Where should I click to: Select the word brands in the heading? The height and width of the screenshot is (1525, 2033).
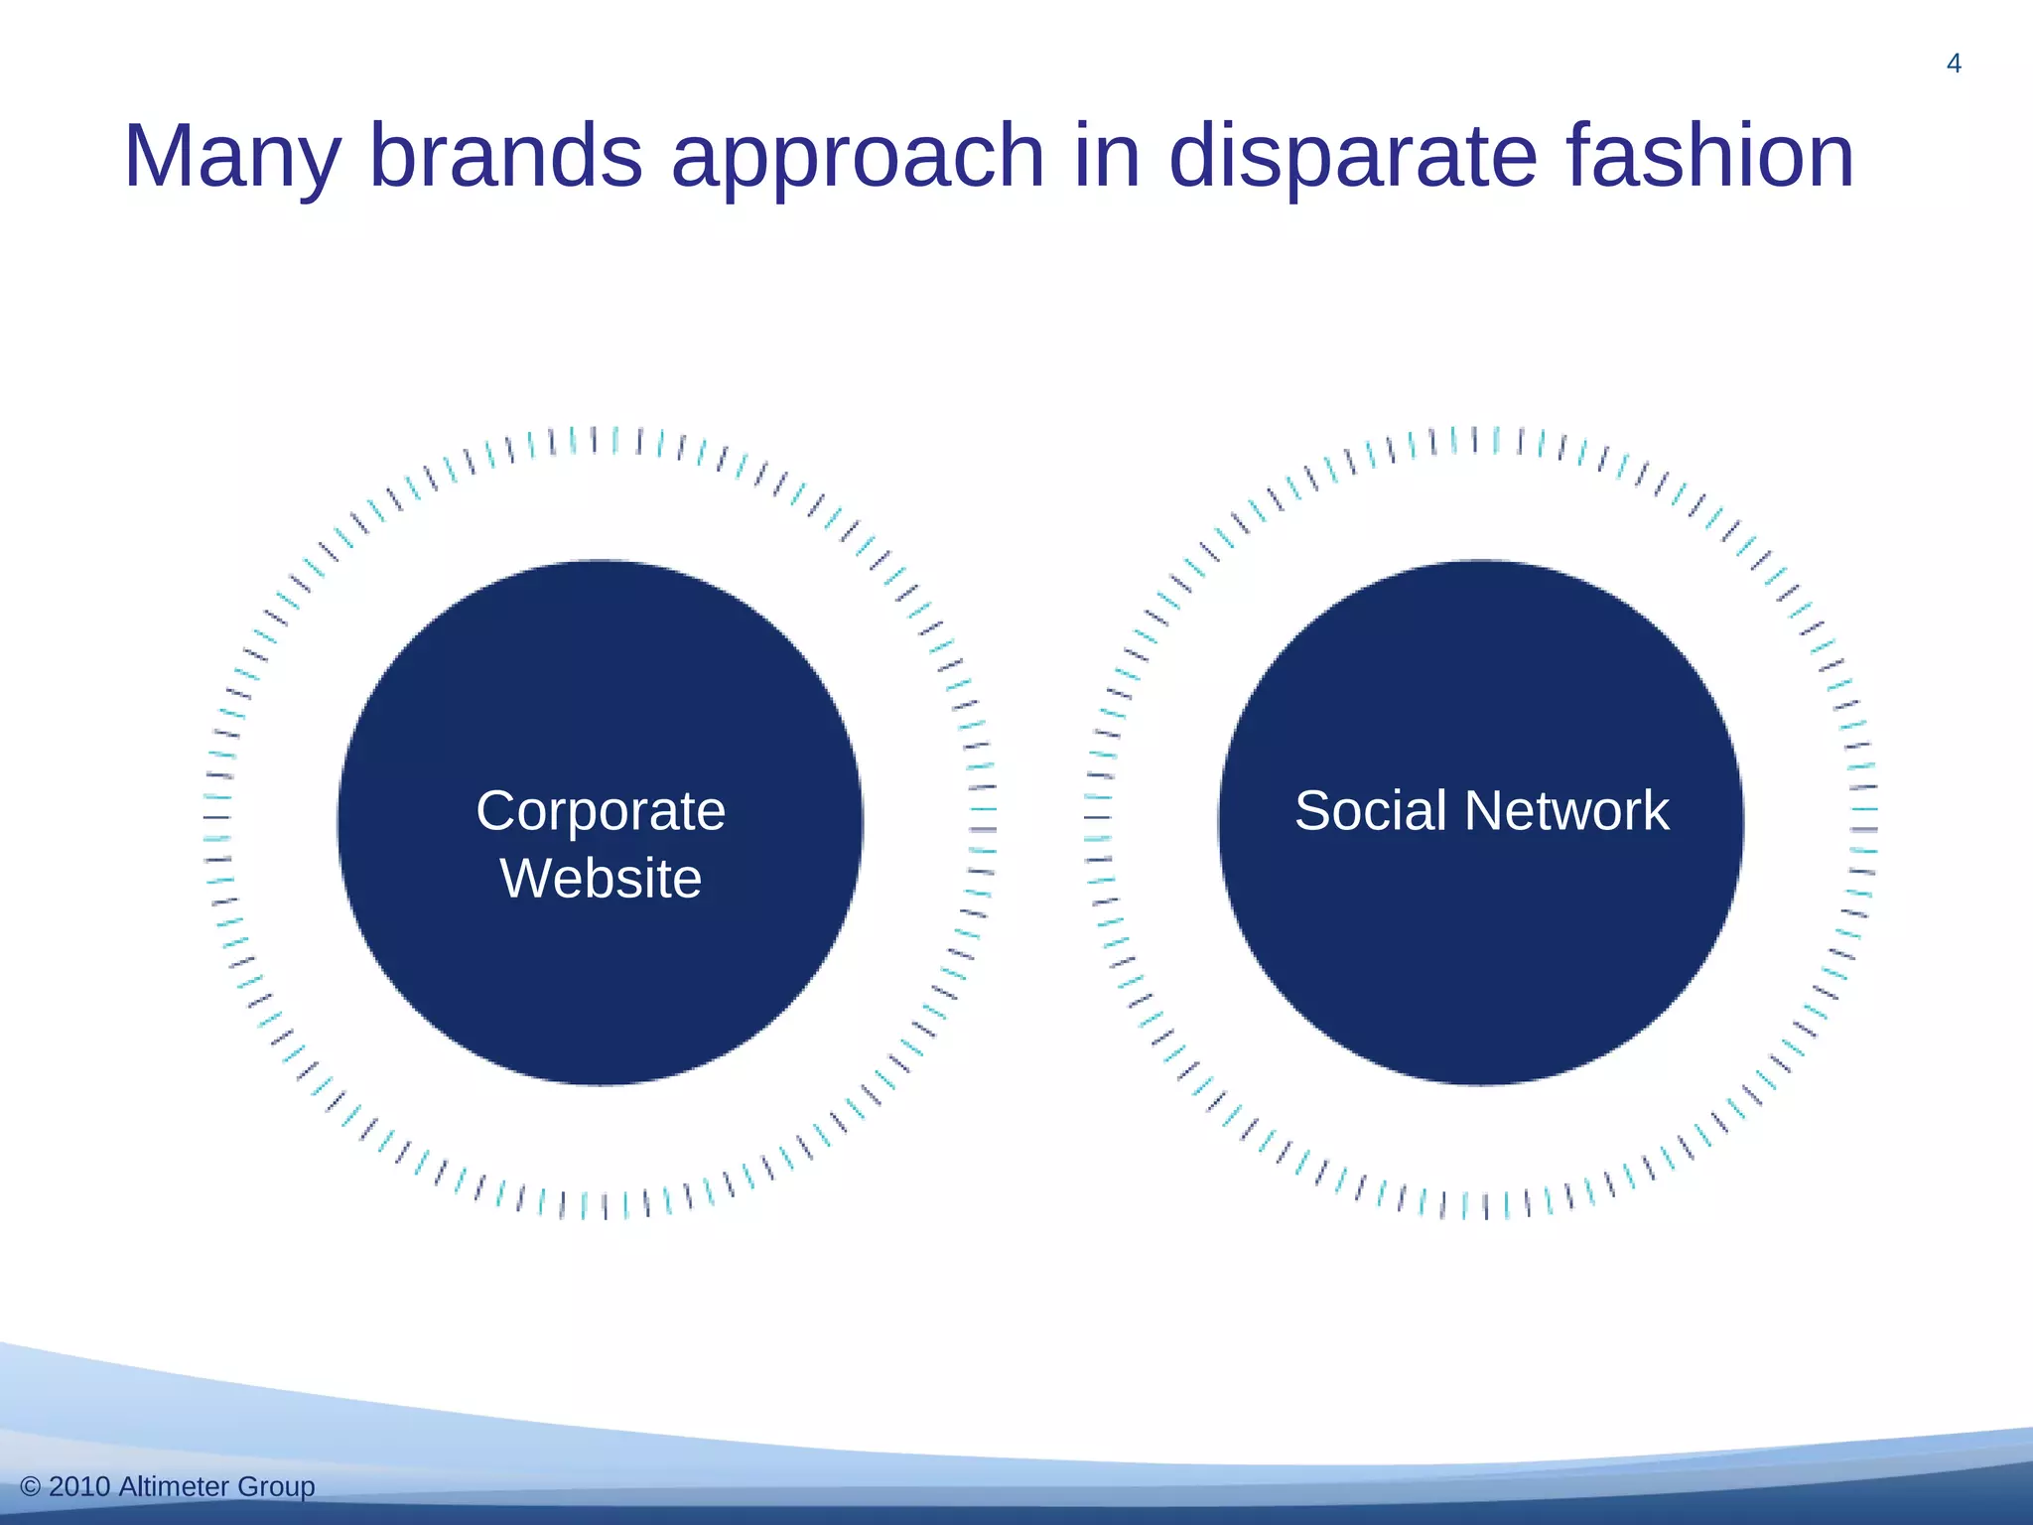pyautogui.click(x=506, y=156)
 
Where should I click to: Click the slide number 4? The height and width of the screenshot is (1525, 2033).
pyautogui.click(x=1954, y=65)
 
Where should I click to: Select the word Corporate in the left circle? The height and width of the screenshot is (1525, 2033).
pyautogui.click(x=601, y=811)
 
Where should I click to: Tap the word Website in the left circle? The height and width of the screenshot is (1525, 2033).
pyautogui.click(x=601, y=879)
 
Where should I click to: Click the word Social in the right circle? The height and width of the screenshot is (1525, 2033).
pyautogui.click(x=1370, y=811)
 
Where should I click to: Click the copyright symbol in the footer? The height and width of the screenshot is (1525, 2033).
pyautogui.click(x=31, y=1487)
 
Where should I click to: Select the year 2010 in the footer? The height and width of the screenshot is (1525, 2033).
pyautogui.click(x=79, y=1486)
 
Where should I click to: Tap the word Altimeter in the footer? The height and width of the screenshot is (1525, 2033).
pyautogui.click(x=175, y=1486)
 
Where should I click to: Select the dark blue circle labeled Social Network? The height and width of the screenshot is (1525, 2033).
pyautogui.click(x=1481, y=953)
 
